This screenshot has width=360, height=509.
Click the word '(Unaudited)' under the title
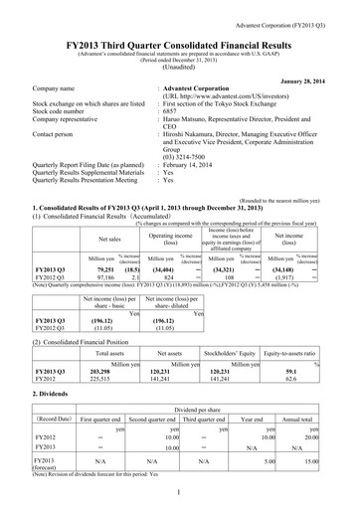180,62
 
